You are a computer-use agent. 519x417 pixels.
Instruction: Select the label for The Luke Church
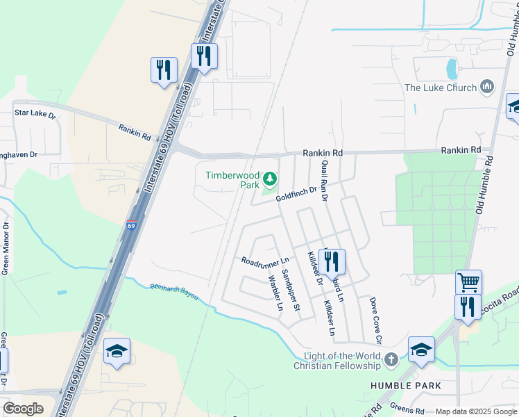click(x=441, y=88)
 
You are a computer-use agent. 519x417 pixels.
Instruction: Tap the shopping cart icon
click(x=468, y=282)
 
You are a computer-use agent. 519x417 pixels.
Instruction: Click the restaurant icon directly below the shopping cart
click(x=468, y=306)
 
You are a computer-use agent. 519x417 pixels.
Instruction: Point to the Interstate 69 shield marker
click(x=132, y=225)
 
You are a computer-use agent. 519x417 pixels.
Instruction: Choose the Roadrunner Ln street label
click(x=264, y=261)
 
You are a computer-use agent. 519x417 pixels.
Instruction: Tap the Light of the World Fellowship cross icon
click(x=391, y=359)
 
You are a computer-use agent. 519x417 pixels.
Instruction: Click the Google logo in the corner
click(x=23, y=409)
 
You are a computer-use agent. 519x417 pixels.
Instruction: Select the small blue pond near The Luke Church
click(x=452, y=68)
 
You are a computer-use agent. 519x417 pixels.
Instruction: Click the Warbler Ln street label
click(x=275, y=293)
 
